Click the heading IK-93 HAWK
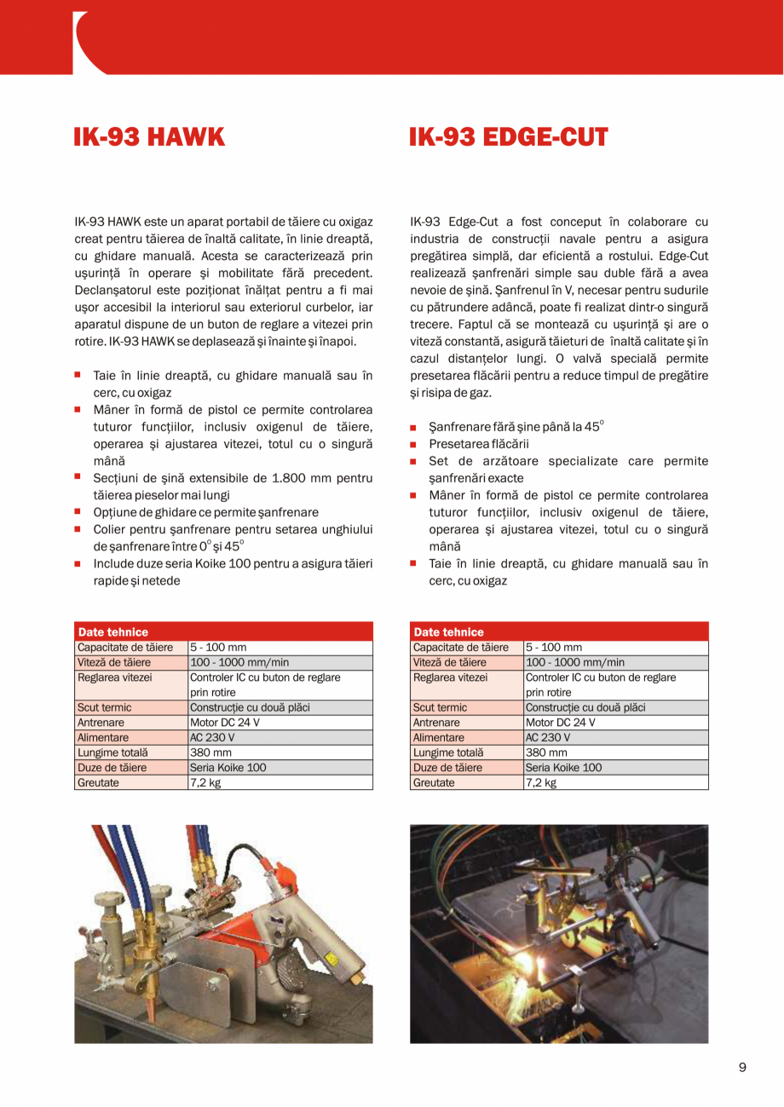[x=149, y=137]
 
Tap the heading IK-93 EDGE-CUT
[x=508, y=137]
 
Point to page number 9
[x=742, y=1068]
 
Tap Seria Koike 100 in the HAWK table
[x=228, y=767]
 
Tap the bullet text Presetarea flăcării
[x=479, y=444]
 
